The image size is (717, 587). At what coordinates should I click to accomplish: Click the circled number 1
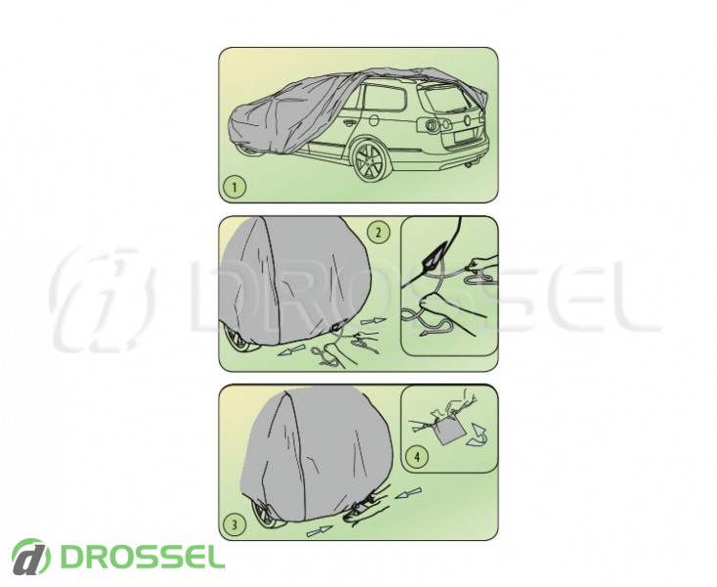(x=235, y=187)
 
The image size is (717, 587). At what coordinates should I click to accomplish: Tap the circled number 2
(x=379, y=232)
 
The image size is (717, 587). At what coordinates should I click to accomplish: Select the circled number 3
(x=235, y=524)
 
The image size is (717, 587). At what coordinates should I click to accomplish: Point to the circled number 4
(x=417, y=456)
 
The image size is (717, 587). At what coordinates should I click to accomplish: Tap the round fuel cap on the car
(x=374, y=120)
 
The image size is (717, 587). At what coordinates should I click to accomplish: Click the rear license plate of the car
(x=464, y=138)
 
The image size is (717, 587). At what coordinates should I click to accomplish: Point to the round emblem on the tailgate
(x=468, y=120)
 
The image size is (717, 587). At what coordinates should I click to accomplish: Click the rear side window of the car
(x=385, y=99)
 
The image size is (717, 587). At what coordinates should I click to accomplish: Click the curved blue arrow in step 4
(x=476, y=435)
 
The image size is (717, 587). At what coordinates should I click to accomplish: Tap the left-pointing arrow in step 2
(x=291, y=351)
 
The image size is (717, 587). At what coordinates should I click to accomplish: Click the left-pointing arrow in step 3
(x=408, y=493)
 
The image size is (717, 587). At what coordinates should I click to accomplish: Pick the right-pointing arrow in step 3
(x=319, y=530)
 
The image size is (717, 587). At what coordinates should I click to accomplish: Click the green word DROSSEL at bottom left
(x=143, y=557)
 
